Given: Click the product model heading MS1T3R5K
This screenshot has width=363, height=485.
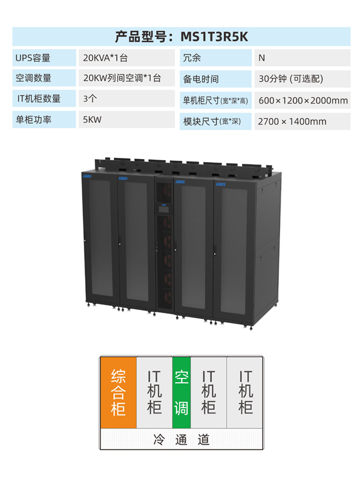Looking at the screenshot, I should (x=181, y=36).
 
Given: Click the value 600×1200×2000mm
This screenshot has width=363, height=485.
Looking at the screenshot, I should (x=302, y=100).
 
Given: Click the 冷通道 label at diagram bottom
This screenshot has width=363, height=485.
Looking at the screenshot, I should (x=181, y=440).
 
